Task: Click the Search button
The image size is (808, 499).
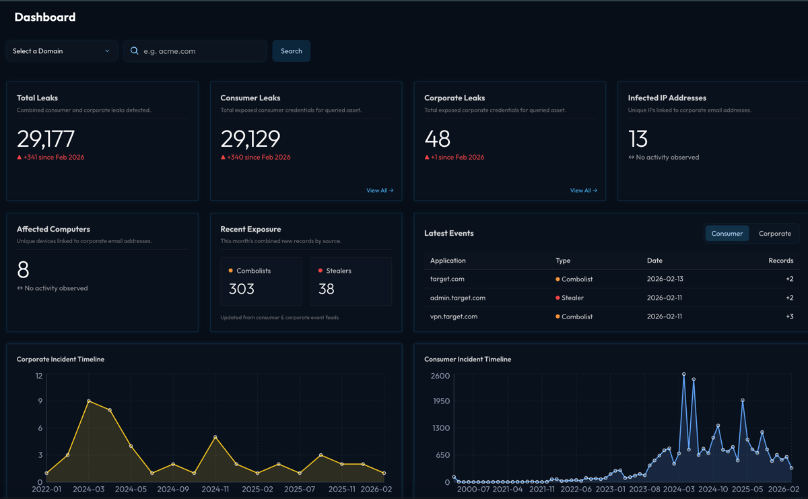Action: click(x=291, y=51)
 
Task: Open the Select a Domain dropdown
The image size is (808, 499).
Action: click(x=61, y=51)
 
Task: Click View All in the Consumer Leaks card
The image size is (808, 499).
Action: click(x=380, y=191)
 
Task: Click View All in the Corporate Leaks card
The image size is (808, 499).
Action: click(x=583, y=191)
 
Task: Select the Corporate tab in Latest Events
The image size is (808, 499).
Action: click(x=774, y=234)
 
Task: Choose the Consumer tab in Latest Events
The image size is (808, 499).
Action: click(x=727, y=234)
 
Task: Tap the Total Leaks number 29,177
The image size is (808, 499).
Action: click(x=46, y=139)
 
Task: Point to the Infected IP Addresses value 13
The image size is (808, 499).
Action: click(x=638, y=139)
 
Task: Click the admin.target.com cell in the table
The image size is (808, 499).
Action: click(x=458, y=298)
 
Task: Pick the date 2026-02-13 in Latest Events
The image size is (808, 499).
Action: click(x=665, y=279)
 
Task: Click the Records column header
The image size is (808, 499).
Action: click(x=780, y=261)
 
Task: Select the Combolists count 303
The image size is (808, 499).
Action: click(x=241, y=289)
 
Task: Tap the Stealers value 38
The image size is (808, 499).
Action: click(x=326, y=289)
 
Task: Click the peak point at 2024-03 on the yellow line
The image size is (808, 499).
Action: click(x=89, y=401)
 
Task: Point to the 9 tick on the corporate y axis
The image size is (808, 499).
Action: click(x=40, y=401)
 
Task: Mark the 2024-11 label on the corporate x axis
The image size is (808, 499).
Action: click(x=215, y=490)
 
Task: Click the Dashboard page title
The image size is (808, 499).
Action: click(x=45, y=18)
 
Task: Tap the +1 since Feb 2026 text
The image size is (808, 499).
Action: click(x=458, y=158)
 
